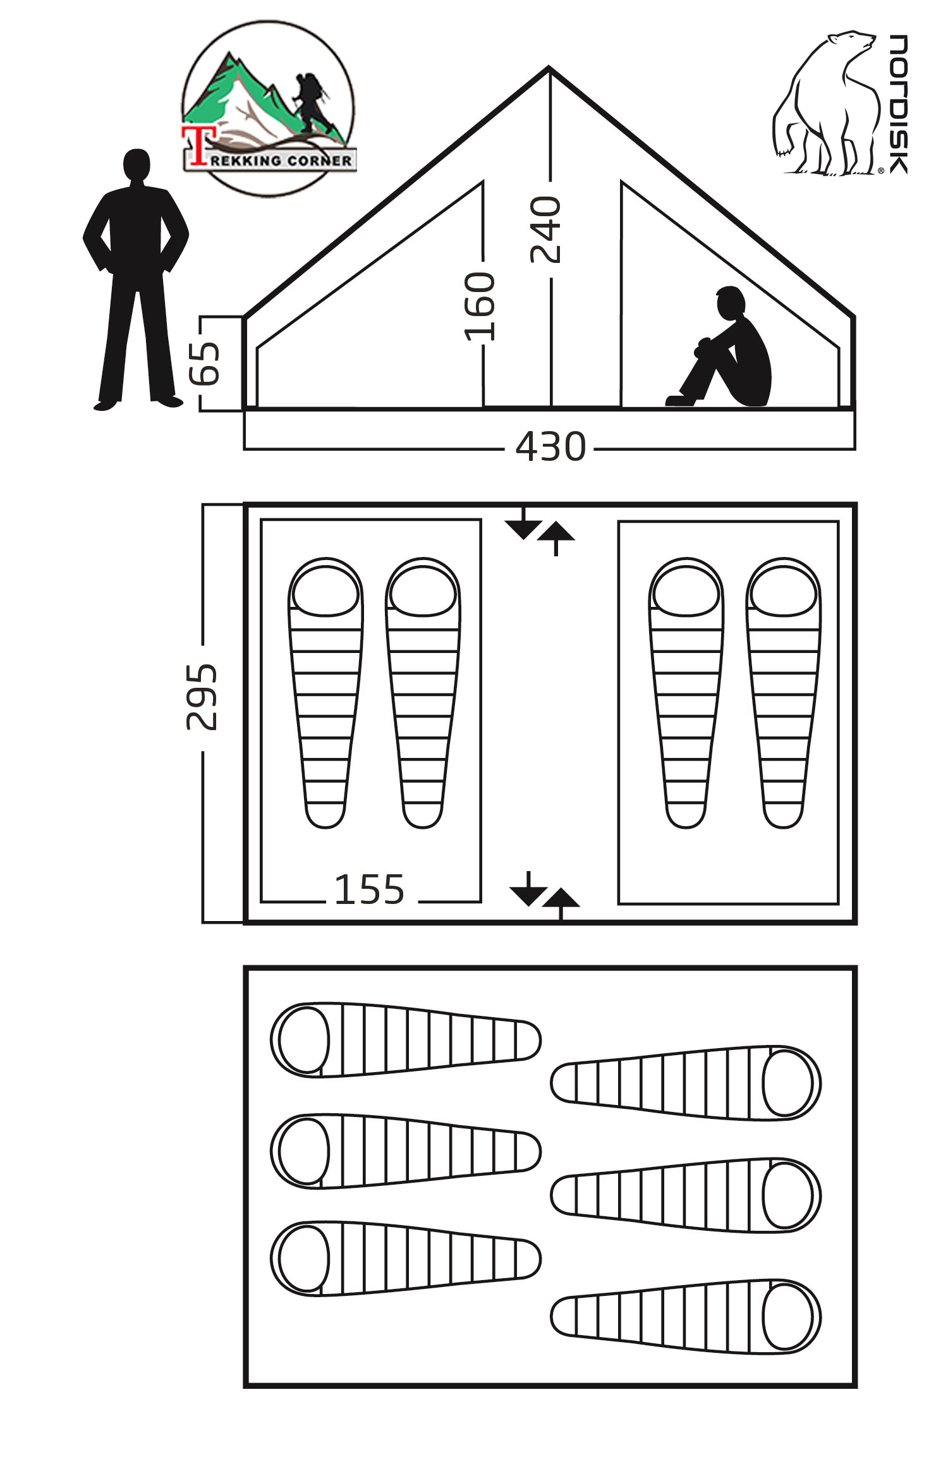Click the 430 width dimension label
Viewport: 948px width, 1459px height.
[550, 447]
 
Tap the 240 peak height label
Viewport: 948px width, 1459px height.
[545, 229]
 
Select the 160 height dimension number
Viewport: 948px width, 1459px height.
[479, 307]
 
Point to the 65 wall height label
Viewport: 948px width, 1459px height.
[205, 363]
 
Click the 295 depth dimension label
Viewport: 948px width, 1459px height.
[202, 697]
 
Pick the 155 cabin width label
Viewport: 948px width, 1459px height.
[369, 890]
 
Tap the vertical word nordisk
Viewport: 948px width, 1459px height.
[898, 104]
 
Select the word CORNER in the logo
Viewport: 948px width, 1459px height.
[319, 161]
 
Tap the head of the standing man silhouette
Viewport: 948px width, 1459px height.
[137, 166]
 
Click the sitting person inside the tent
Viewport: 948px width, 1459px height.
[727, 351]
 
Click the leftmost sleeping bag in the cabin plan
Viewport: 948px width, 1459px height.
[325, 692]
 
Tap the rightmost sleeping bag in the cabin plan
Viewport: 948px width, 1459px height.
[784, 692]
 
